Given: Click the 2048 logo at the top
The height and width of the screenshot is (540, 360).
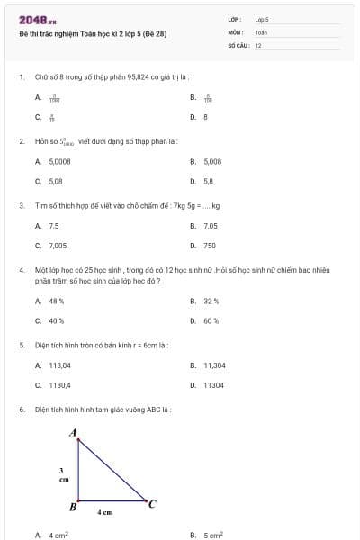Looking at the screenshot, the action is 37,20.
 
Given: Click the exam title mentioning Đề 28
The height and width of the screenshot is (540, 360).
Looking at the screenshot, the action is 93,34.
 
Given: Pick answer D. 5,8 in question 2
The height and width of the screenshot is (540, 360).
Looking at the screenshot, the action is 202,181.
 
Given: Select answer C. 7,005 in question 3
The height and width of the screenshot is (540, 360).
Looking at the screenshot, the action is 51,245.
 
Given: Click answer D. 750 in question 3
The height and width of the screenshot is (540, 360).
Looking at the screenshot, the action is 203,245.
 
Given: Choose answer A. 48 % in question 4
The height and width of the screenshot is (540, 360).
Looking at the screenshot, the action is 50,301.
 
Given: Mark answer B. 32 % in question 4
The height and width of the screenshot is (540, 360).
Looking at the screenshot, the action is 205,301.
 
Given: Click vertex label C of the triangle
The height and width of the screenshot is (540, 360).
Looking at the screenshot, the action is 152,503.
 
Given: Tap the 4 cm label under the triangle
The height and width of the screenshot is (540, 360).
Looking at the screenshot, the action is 105,512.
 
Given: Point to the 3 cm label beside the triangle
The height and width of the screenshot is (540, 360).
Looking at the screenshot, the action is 63,474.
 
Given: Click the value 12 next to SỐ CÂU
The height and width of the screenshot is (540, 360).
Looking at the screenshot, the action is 258,45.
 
